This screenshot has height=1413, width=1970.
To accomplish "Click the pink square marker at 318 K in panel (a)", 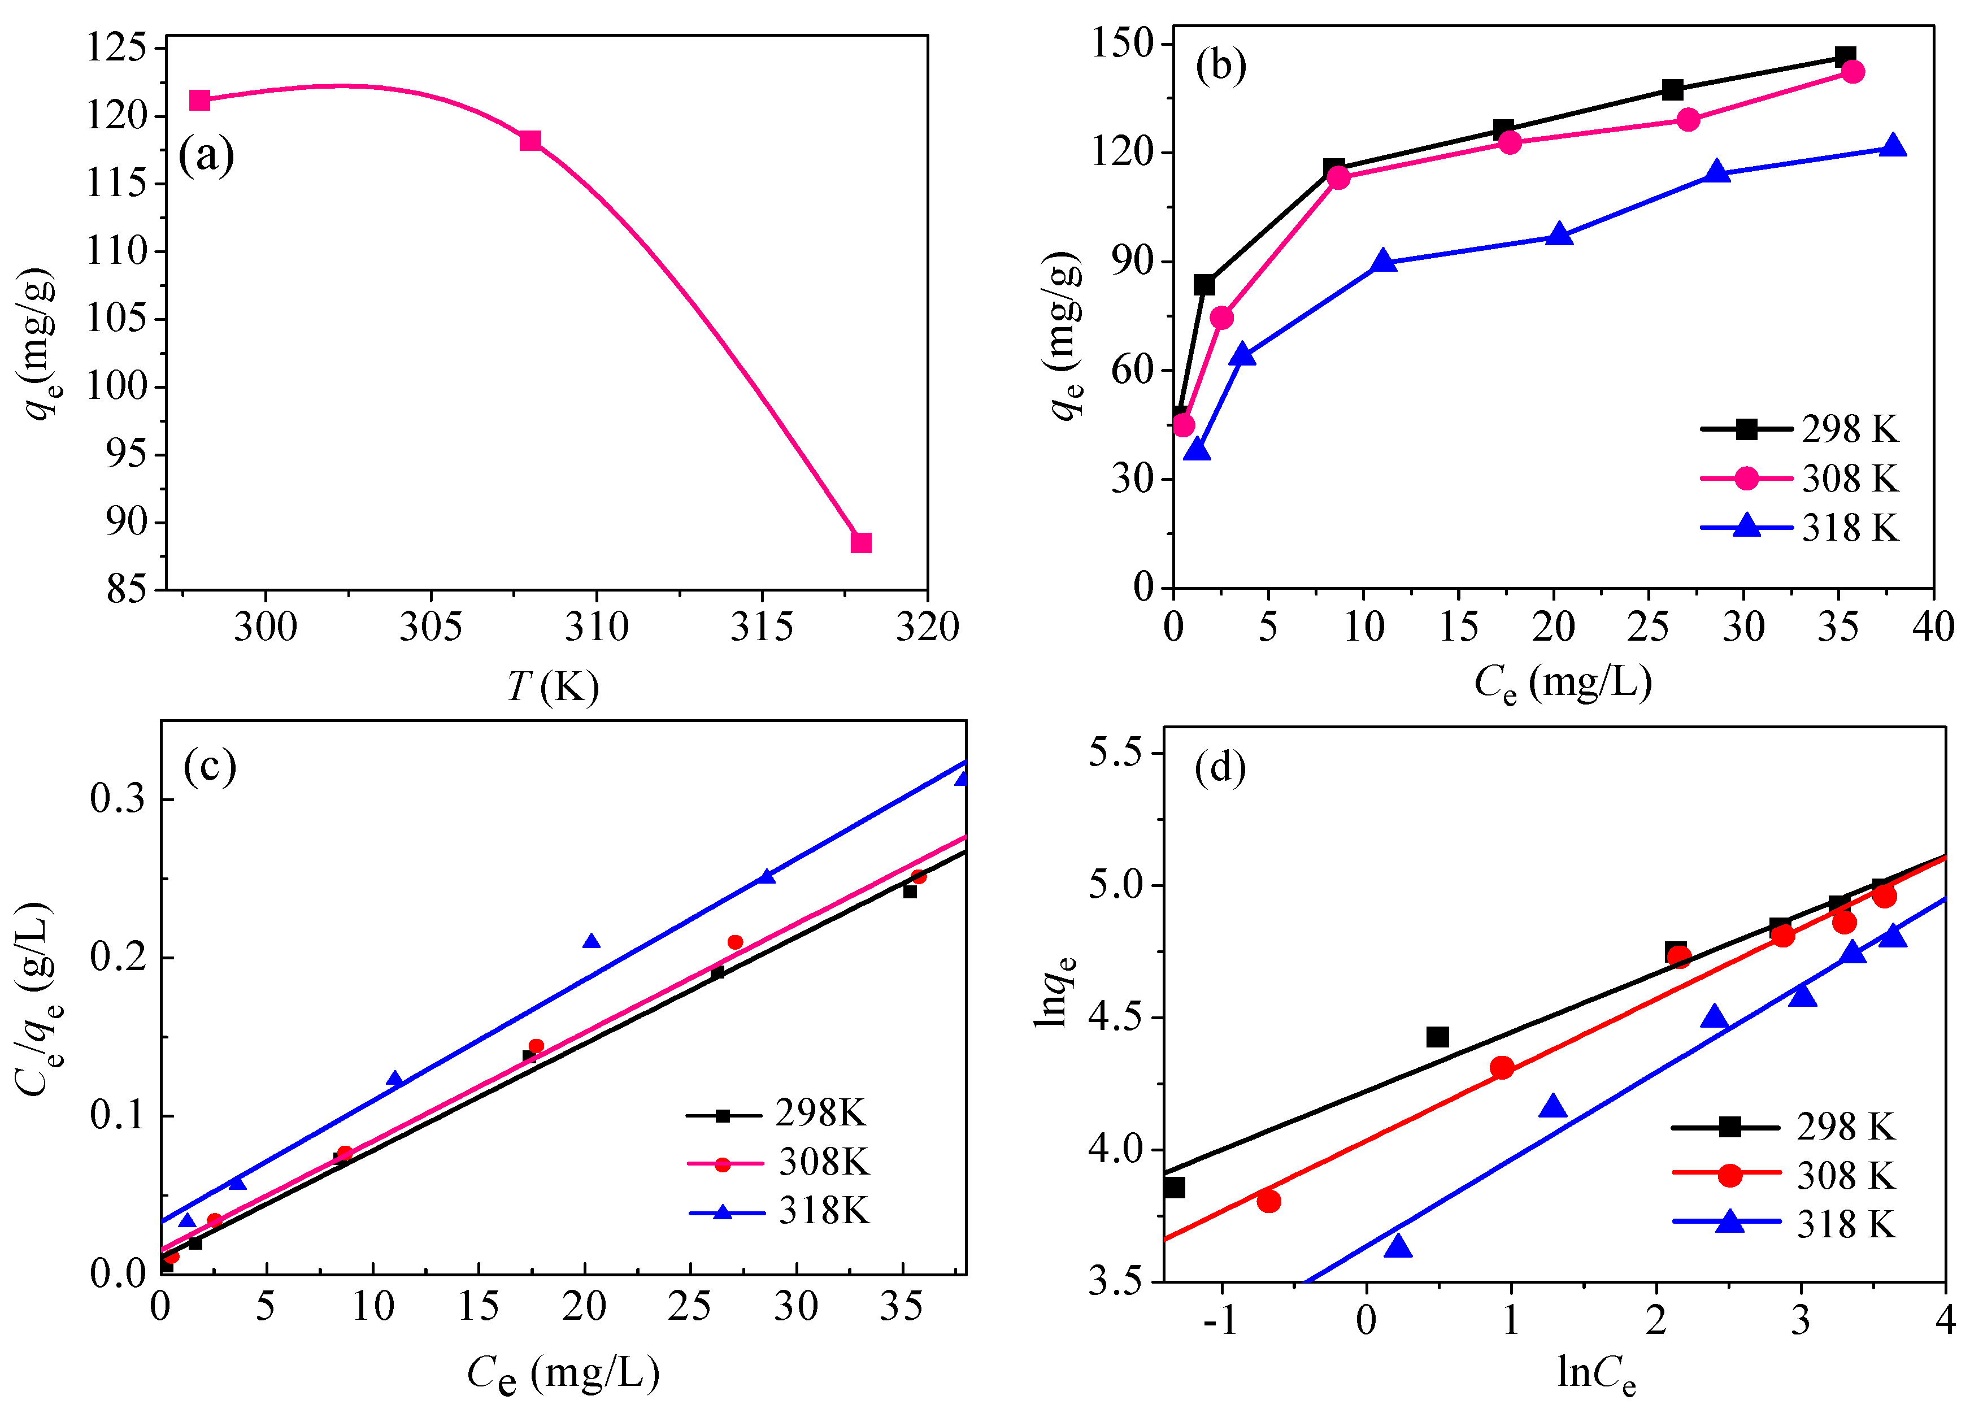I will [860, 543].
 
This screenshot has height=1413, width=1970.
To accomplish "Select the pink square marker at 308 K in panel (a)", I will [530, 141].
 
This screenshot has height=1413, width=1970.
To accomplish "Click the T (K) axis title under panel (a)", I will [553, 687].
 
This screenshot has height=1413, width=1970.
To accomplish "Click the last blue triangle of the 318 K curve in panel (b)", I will [1894, 146].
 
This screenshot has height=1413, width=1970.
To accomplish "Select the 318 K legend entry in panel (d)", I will [1785, 1224].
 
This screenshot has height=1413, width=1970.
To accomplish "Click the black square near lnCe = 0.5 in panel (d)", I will [1438, 1037].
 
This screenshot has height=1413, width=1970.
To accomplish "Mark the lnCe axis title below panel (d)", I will [1597, 1374].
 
